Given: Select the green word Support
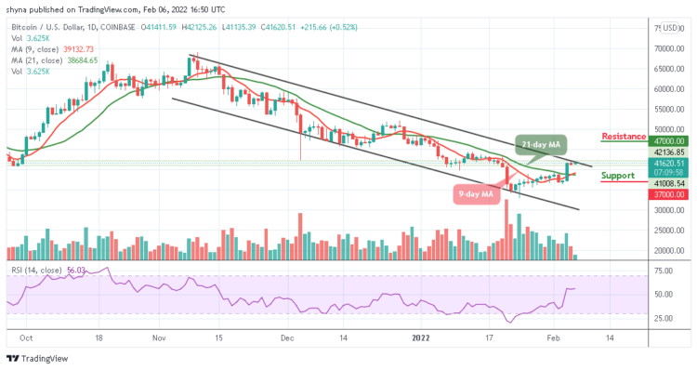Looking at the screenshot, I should coord(618,175).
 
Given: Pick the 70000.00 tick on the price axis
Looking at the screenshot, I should coord(672,48).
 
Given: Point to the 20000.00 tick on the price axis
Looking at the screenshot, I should coord(672,251).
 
